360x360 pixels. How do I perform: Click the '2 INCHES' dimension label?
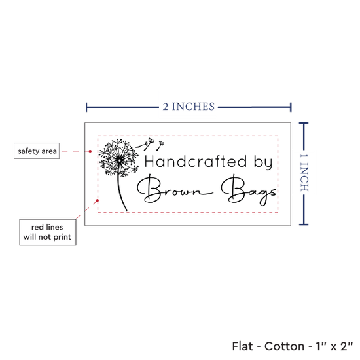click(x=189, y=107)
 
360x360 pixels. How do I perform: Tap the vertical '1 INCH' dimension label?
click(x=304, y=173)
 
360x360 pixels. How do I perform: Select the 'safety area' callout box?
click(x=37, y=151)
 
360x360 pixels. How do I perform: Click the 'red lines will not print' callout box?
click(x=48, y=232)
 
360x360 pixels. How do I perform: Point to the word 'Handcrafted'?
click(x=196, y=162)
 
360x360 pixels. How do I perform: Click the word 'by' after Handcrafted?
click(x=263, y=162)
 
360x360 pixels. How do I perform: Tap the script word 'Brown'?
click(x=175, y=189)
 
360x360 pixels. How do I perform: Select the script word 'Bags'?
click(x=249, y=190)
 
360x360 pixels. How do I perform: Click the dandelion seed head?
click(x=118, y=158)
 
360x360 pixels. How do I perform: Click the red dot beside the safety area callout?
click(x=90, y=151)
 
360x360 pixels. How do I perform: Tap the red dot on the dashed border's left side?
click(x=98, y=200)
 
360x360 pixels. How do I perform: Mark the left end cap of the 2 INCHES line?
click(x=86, y=107)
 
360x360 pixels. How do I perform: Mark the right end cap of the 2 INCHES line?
click(x=291, y=107)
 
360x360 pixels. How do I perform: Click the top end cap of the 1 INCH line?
click(x=304, y=124)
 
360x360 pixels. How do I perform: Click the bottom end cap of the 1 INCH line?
click(x=304, y=224)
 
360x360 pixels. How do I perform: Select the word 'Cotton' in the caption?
click(x=284, y=346)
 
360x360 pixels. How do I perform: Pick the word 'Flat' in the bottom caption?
click(x=242, y=346)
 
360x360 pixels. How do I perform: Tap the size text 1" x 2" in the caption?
click(x=334, y=346)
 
